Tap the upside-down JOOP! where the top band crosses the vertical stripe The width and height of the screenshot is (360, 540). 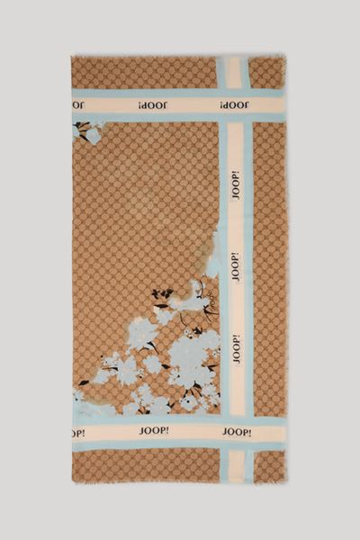point(232,105)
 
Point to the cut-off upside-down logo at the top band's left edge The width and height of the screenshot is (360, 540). point(78,105)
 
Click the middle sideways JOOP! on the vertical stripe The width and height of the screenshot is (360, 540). point(235,267)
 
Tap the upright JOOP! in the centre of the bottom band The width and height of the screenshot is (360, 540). point(153,431)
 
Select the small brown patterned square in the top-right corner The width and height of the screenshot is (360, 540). point(267,73)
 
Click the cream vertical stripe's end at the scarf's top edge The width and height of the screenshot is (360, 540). point(234,60)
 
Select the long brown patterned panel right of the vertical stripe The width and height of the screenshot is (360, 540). point(269,270)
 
